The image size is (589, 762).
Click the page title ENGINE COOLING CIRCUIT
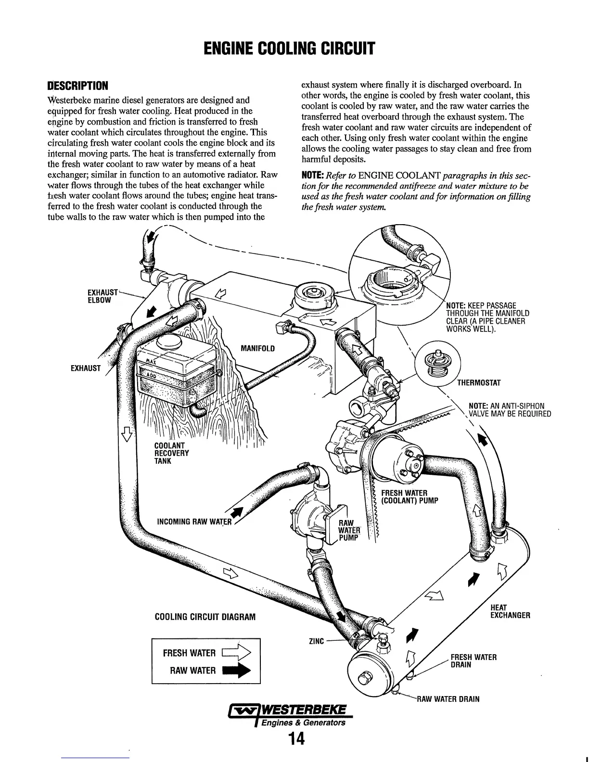[x=294, y=48]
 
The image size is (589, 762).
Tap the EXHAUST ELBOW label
[x=102, y=296]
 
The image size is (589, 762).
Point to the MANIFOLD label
[x=257, y=348]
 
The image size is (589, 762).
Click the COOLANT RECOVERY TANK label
[x=171, y=453]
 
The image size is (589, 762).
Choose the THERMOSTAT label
[x=479, y=383]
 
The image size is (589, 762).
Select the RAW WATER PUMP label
[x=348, y=531]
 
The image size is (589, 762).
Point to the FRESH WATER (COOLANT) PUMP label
[x=409, y=496]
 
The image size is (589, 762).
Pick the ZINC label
[x=316, y=641]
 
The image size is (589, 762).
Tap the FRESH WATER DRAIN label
[x=473, y=661]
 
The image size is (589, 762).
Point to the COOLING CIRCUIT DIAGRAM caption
[x=205, y=617]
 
